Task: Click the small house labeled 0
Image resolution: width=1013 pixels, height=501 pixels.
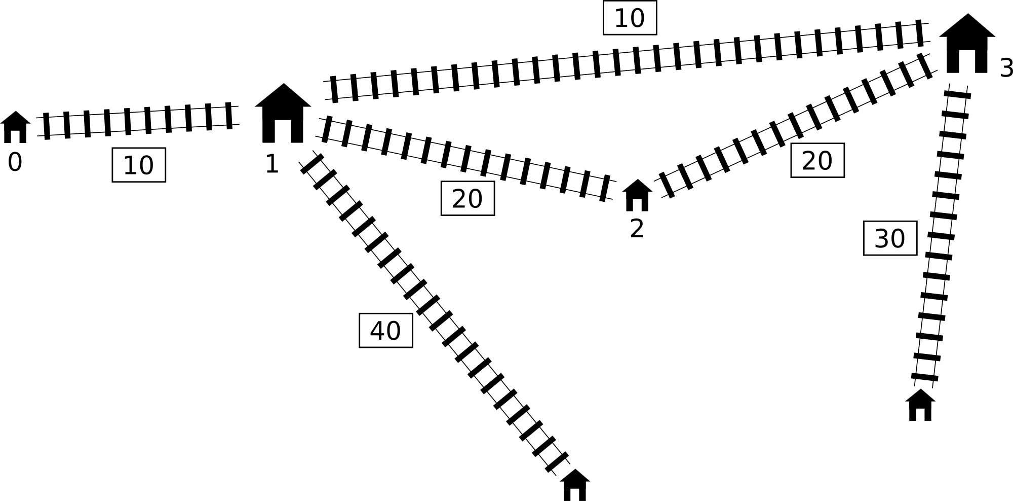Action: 15,127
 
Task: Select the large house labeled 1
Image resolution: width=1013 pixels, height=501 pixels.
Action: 283,113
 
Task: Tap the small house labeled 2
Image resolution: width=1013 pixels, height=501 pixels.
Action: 637,195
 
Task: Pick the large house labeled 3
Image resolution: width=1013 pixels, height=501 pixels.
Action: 967,44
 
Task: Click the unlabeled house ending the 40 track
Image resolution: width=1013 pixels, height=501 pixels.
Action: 575,485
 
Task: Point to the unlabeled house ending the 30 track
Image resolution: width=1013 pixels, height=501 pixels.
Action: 920,405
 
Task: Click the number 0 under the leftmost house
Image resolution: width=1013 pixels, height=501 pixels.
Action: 15,163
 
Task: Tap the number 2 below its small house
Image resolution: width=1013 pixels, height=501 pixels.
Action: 637,229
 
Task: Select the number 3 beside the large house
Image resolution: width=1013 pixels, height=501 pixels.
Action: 1006,68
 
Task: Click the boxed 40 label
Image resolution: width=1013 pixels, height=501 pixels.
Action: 386,331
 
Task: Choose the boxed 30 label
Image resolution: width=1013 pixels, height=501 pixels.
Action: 890,238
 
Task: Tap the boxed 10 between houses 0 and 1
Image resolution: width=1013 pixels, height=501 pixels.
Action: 139,165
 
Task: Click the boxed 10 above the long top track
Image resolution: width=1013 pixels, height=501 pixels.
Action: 630,18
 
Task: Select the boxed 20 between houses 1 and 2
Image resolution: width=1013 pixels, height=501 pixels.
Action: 467,198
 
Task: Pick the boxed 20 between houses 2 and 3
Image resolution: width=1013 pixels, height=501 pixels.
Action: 817,160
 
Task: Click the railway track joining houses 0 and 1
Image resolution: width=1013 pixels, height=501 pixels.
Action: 138,121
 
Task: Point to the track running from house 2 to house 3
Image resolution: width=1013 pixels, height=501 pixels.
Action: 796,125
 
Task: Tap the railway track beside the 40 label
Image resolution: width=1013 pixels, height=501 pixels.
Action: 435,313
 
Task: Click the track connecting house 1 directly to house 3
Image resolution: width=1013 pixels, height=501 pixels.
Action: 627,61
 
